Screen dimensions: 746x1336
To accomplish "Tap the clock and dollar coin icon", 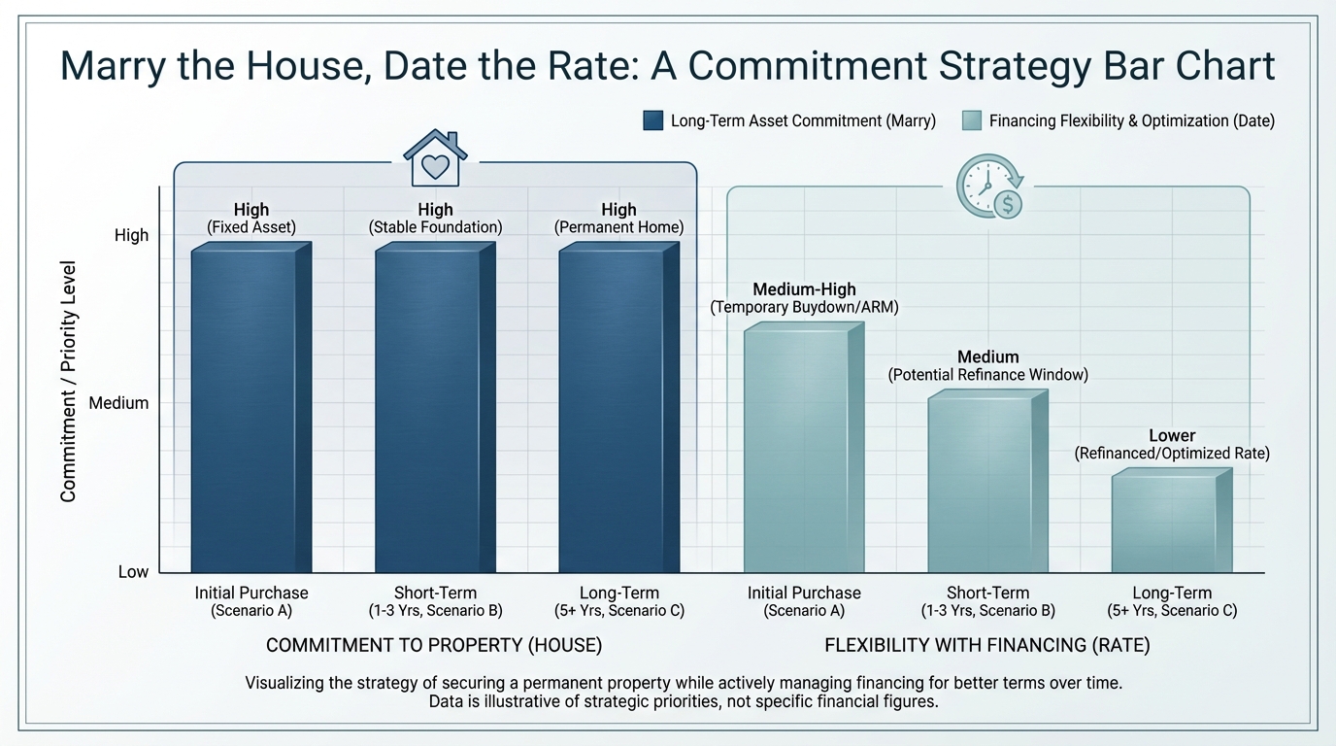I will (x=988, y=187).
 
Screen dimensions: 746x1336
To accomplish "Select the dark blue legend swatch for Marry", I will (x=652, y=121).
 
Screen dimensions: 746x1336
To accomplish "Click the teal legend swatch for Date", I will (x=971, y=121).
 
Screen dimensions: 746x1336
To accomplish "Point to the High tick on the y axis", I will (x=132, y=235).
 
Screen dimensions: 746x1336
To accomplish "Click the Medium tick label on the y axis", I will (x=118, y=403).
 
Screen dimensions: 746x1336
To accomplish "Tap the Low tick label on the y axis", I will (x=133, y=572).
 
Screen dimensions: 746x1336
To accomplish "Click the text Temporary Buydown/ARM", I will (x=804, y=308).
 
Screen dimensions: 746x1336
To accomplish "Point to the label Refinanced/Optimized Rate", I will (x=1172, y=454).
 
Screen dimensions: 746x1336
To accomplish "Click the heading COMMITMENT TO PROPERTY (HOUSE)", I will (x=434, y=645).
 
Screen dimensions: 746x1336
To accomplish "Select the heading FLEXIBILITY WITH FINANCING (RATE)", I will (x=987, y=645).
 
